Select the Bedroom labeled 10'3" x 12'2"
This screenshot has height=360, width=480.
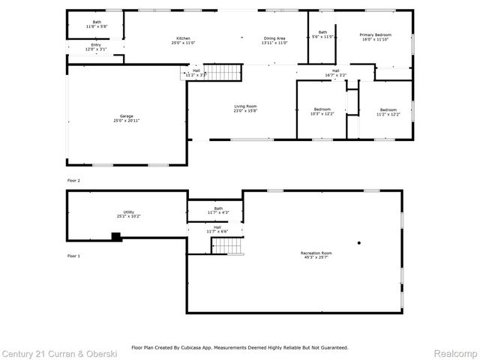(322, 111)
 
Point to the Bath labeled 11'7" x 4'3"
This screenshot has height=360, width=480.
(217, 211)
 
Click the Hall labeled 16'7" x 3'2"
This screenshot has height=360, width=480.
(335, 73)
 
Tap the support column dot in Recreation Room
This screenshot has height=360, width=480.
(359, 242)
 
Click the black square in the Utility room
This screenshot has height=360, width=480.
(115, 237)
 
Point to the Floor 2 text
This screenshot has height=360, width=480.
(73, 180)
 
